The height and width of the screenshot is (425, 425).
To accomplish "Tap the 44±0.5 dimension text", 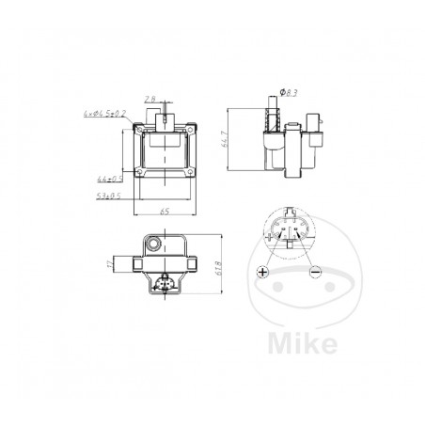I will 110,177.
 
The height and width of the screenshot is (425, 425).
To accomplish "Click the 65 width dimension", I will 165,213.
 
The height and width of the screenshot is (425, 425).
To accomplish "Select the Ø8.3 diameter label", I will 290,90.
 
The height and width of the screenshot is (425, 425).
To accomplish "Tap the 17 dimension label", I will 108,264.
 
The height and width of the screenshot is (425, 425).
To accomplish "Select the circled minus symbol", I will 313,273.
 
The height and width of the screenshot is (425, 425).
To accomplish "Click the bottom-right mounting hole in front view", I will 194,176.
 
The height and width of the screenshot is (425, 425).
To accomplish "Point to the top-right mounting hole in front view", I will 194,130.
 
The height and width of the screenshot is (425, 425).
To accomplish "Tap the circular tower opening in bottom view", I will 154,244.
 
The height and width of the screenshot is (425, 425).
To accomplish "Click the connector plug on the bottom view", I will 165,285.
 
